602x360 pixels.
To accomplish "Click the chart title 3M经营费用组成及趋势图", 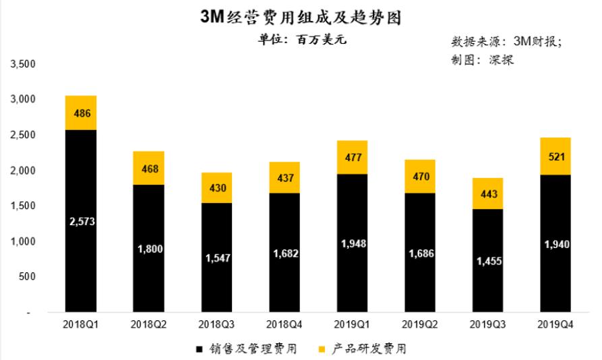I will coord(301,18).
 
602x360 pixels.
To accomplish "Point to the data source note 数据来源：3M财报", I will coord(506,41).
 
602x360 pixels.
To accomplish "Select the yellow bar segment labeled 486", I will coord(80,113).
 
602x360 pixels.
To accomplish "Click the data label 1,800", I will coord(150,249).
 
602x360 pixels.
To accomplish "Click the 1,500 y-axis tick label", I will coord(23,206).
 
